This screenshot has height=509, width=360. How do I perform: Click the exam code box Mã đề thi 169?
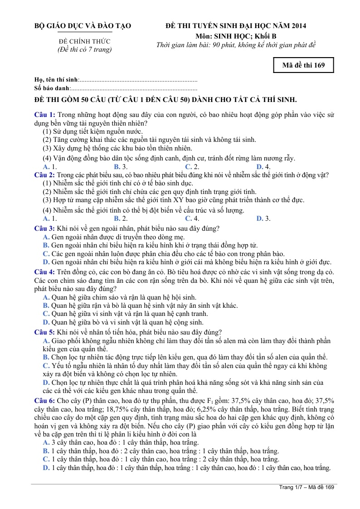click(x=304, y=65)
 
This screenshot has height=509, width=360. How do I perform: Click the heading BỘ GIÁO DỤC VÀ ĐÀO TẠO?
click(x=83, y=26)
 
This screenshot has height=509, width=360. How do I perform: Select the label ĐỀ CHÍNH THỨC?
click(x=85, y=42)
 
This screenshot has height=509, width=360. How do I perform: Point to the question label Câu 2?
click(x=45, y=175)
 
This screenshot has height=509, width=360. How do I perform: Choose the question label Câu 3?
click(x=45, y=228)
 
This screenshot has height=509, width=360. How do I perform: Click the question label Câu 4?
click(x=45, y=271)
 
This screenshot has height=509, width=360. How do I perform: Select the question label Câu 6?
click(x=45, y=401)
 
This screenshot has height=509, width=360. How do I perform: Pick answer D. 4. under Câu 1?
click(x=263, y=167)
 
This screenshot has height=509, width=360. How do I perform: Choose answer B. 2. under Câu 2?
click(x=121, y=218)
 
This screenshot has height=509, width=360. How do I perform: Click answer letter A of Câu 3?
click(x=46, y=237)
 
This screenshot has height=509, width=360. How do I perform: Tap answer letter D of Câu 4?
click(x=46, y=322)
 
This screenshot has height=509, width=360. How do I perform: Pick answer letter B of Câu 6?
click(x=46, y=451)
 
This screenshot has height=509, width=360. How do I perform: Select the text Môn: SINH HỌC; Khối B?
click(x=236, y=36)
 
